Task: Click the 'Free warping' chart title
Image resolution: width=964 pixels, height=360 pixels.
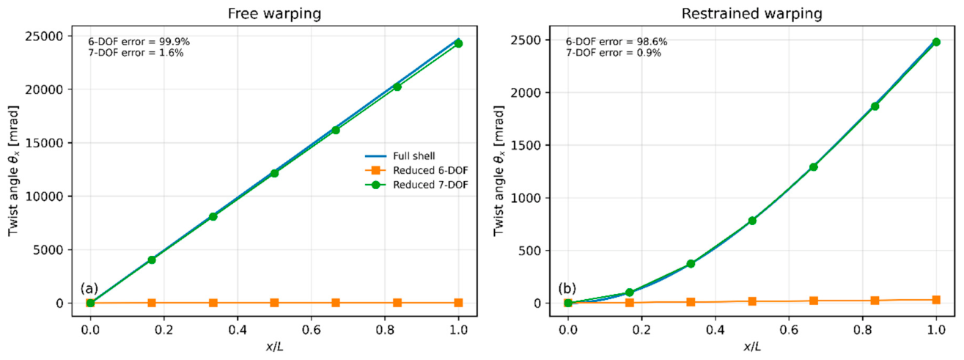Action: tap(274, 14)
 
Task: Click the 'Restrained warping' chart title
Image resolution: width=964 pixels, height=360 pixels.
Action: tap(751, 14)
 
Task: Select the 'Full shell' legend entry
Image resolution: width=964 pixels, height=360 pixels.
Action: tap(400, 156)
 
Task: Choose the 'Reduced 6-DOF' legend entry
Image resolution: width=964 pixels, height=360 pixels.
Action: tap(416, 171)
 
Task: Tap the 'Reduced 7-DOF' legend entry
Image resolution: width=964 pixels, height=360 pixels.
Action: tap(416, 185)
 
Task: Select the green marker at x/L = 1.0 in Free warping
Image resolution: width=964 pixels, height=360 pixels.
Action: tap(458, 43)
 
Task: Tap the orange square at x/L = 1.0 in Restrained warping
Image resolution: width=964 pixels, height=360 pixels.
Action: tap(936, 300)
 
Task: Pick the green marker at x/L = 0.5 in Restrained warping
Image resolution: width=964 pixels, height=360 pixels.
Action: tap(752, 221)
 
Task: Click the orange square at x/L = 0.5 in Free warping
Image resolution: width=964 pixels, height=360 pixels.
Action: tap(275, 303)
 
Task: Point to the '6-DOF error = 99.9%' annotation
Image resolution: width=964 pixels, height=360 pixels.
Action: tap(139, 42)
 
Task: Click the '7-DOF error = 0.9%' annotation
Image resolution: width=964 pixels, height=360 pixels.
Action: tap(614, 53)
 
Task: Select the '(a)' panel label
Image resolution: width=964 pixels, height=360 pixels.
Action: tap(89, 288)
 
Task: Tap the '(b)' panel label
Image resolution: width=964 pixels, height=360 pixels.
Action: tap(567, 288)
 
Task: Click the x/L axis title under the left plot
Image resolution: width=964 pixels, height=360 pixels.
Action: tap(275, 346)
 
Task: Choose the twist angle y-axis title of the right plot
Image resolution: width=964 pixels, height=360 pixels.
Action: tap(498, 171)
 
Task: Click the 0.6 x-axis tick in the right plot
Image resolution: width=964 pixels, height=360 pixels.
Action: tap(789, 330)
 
